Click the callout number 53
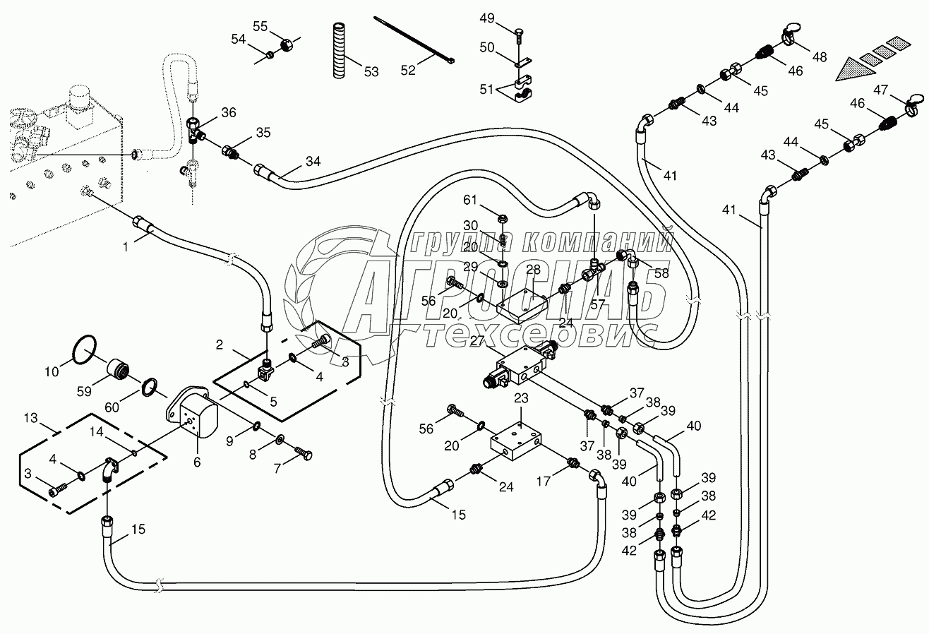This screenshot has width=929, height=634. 371,71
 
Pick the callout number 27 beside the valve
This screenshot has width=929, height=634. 478,340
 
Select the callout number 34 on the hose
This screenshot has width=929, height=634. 312,162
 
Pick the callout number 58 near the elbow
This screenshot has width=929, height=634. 660,273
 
